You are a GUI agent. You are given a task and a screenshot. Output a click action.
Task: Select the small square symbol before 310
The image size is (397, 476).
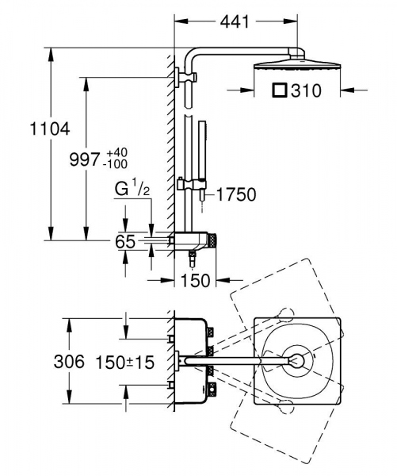(x=279, y=91)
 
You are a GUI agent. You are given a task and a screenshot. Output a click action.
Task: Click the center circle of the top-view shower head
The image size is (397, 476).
(x=296, y=361)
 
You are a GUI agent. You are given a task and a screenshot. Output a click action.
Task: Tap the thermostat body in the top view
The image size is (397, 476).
(x=192, y=361)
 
